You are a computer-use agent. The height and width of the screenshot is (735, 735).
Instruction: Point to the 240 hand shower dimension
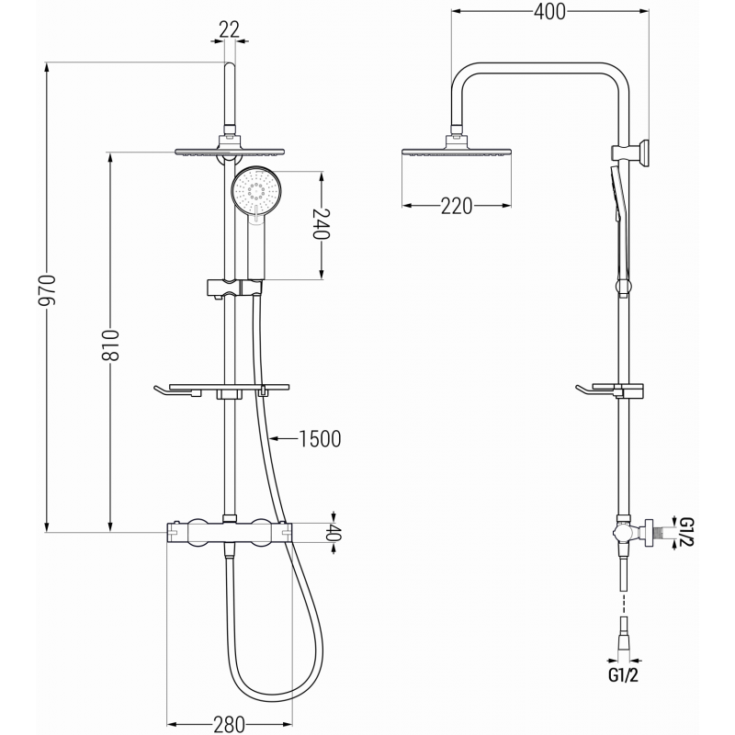coord(321,222)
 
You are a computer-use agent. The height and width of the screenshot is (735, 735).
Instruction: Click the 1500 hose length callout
coord(320,439)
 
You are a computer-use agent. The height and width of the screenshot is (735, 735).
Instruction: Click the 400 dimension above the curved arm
coord(548,11)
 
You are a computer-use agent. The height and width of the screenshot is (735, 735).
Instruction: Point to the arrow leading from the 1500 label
coord(283,439)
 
